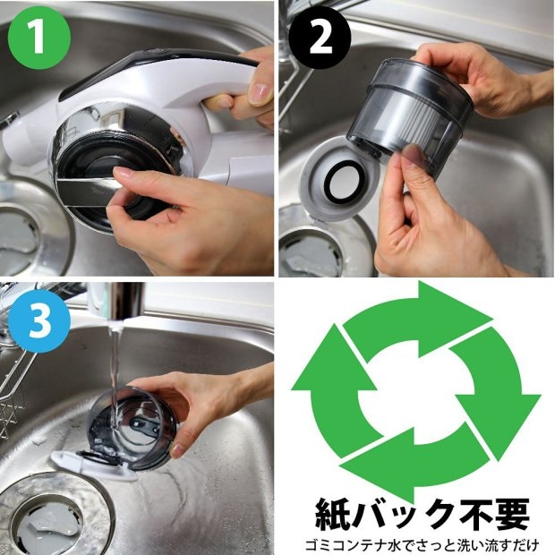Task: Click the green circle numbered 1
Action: (38, 38)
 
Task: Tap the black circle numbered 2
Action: (320, 38)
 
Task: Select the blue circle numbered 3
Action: (38, 321)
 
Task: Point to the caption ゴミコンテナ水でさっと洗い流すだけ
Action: (422, 545)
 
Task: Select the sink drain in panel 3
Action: (49, 517)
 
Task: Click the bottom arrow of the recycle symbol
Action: (414, 464)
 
